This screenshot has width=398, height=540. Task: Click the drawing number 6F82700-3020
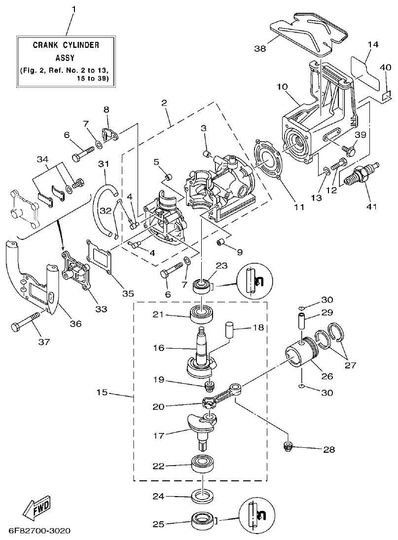[39, 531]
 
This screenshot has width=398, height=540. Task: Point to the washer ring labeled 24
[202, 496]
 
